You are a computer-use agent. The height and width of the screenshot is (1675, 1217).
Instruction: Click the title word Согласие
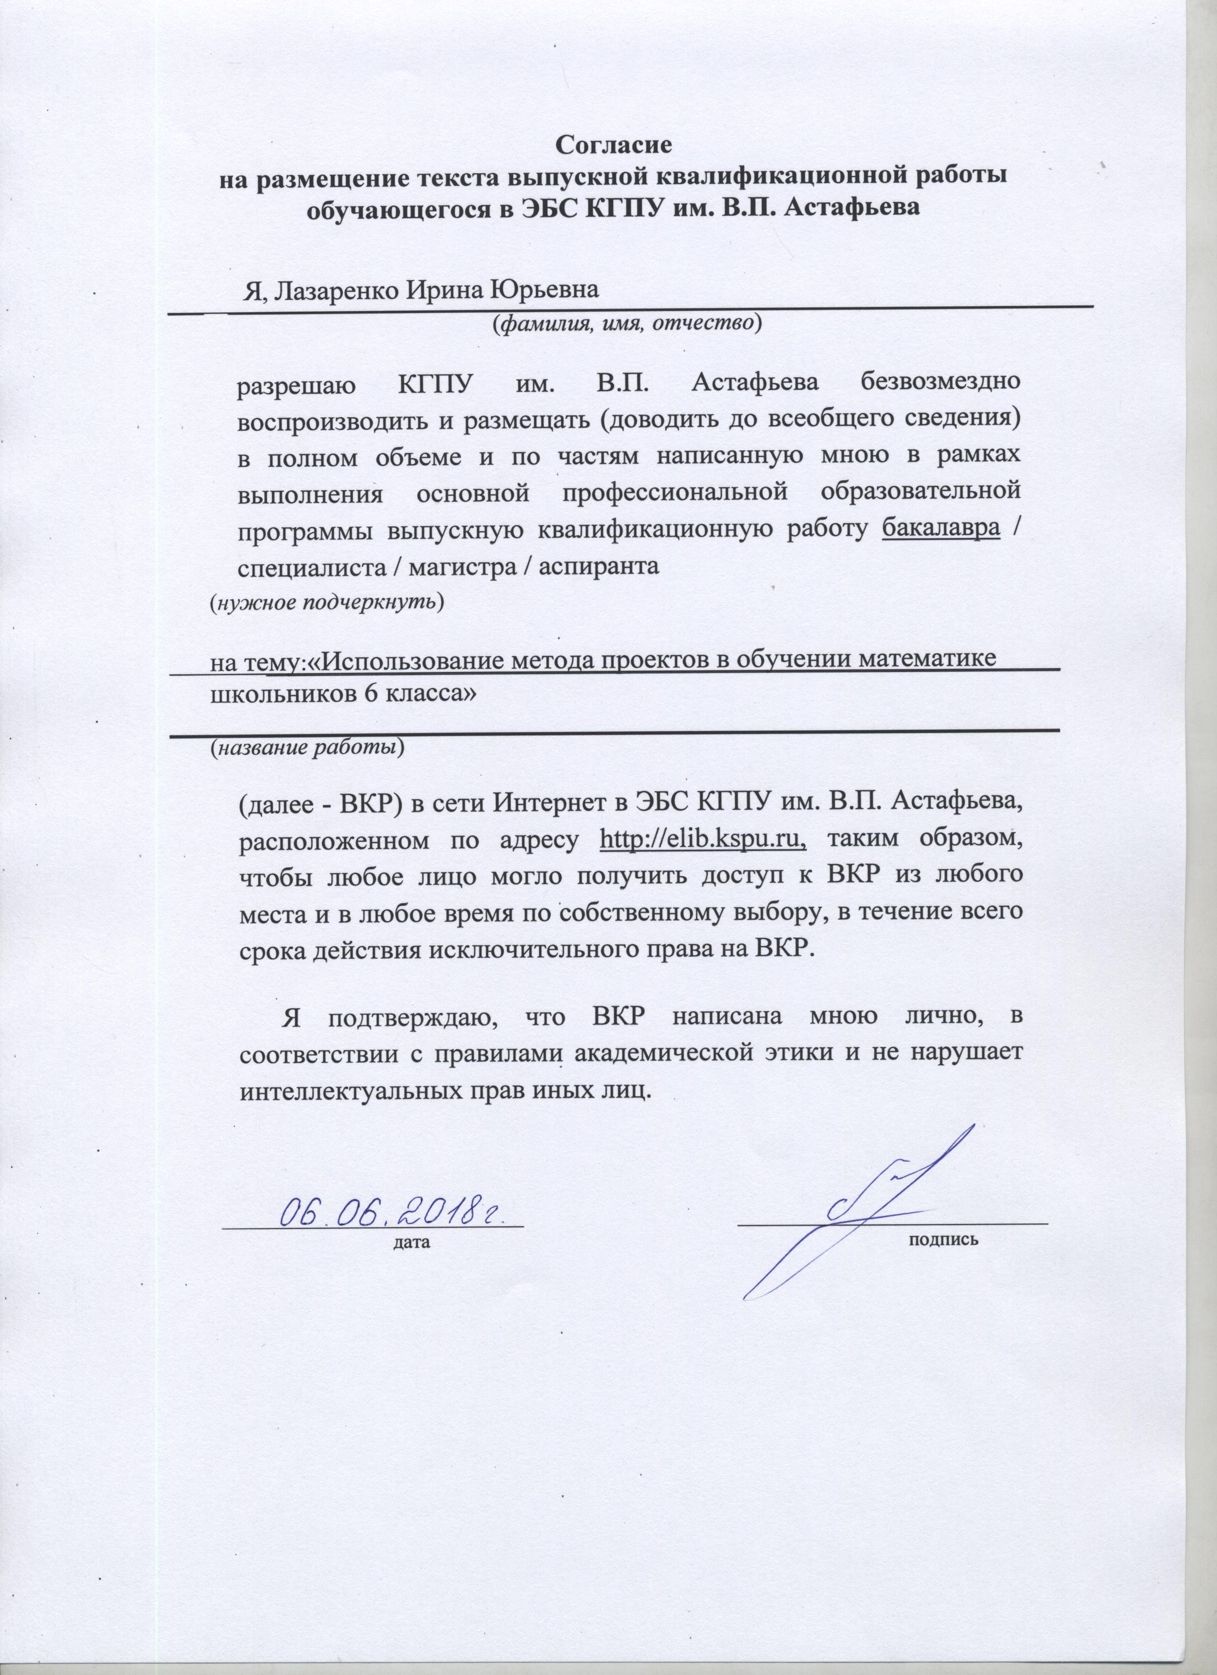614,144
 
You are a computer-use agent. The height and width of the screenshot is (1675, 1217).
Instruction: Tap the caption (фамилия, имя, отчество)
627,323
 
